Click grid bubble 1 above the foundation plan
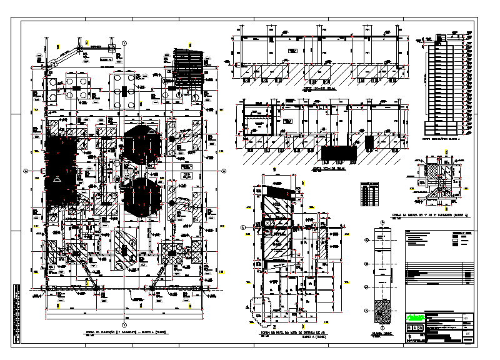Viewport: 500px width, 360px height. tap(124, 42)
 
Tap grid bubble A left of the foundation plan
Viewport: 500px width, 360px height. tap(26, 171)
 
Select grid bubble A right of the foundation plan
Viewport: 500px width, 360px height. tap(223, 171)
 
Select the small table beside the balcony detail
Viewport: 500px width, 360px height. tap(369, 193)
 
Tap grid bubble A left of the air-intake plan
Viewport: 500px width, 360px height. tap(243, 228)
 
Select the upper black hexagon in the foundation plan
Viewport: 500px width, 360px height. tap(142, 144)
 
